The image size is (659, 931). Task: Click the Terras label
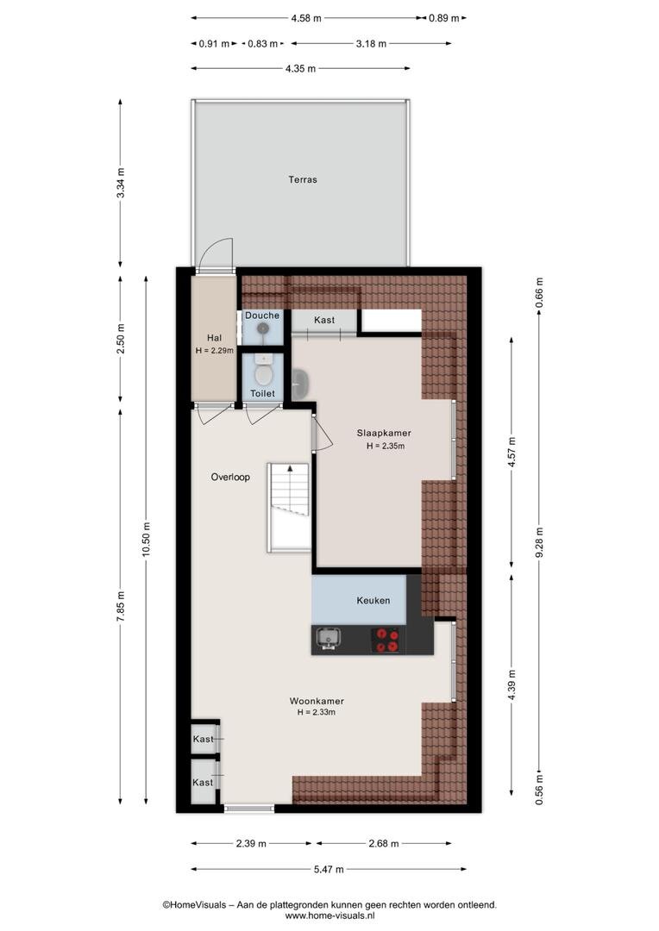tap(303, 179)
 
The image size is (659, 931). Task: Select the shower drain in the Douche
tap(262, 328)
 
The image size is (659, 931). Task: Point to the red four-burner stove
tap(386, 640)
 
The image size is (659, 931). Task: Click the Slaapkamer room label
tap(384, 434)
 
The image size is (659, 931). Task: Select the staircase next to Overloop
tap(289, 507)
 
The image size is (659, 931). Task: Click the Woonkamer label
tap(317, 701)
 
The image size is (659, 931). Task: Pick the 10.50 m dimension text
tap(147, 540)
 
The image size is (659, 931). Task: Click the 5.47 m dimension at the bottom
tap(329, 869)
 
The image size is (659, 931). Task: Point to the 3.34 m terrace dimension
tap(121, 183)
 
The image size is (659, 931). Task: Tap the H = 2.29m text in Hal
tap(215, 350)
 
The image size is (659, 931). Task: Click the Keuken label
tap(373, 600)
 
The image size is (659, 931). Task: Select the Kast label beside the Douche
tap(324, 320)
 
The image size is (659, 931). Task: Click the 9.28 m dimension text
tap(540, 542)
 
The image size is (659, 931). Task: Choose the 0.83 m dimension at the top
tap(262, 43)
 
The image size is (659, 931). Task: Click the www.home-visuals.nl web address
tap(329, 916)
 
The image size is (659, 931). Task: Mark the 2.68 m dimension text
tap(384, 843)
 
